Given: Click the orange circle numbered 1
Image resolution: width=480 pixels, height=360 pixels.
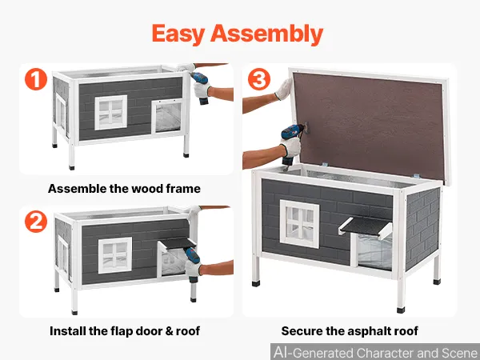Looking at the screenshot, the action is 36,79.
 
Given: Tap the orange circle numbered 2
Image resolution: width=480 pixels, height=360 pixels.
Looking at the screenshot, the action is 36,222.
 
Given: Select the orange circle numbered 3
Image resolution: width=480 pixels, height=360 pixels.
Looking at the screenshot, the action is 259,79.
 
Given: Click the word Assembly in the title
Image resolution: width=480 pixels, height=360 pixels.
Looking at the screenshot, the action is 266,34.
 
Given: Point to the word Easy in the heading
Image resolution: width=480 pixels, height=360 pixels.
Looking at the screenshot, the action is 178,34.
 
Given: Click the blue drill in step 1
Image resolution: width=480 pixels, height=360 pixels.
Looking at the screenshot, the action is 202,86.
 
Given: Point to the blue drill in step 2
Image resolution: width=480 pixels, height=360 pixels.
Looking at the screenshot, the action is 193,262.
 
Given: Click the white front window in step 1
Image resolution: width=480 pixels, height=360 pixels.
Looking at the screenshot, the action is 111,112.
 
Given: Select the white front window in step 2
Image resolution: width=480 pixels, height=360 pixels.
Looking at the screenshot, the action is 115,255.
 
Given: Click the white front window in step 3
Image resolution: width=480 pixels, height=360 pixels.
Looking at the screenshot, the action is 299,224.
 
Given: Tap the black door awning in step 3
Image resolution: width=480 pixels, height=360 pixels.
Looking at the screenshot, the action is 366,227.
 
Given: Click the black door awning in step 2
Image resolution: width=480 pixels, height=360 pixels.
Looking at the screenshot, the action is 178,243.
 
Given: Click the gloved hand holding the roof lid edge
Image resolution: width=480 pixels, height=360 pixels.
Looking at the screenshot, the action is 284,89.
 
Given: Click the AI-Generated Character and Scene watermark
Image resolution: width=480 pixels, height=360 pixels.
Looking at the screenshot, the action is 376,352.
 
